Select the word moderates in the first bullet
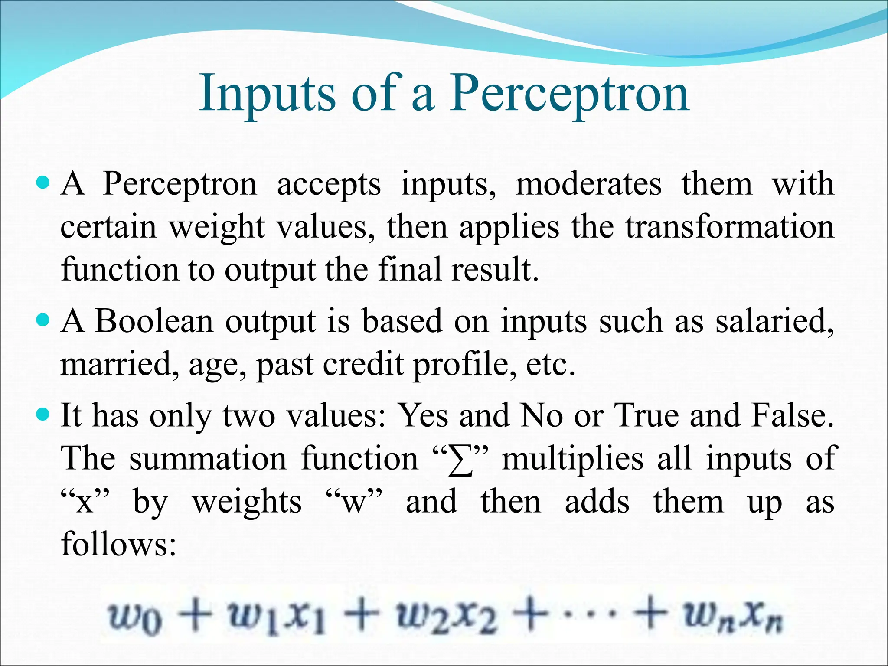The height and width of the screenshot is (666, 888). click(588, 184)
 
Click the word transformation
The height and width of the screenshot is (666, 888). click(730, 227)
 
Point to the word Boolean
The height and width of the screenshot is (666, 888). click(154, 321)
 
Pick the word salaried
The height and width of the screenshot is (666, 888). click(774, 321)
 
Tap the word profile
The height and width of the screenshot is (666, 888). click(464, 364)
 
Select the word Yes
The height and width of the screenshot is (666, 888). click(423, 415)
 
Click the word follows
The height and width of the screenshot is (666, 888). click(118, 544)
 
